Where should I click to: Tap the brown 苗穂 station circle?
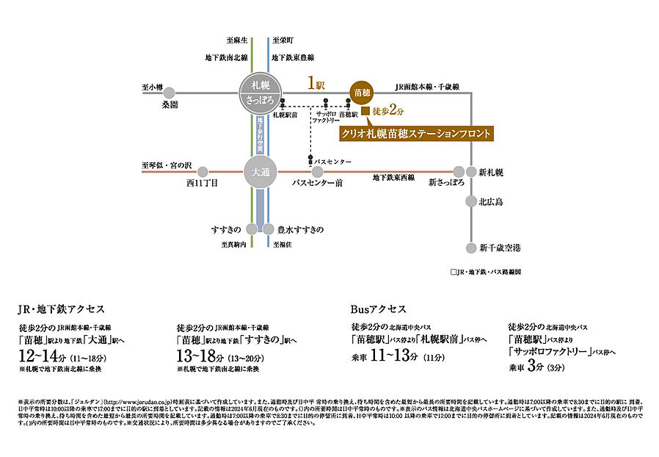pos(363,93)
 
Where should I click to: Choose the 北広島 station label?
pos(491,201)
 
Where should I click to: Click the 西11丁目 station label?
pos(203,183)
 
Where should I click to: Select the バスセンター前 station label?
pos(317,183)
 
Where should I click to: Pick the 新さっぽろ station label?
pos(446,183)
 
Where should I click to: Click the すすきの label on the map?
pos(226,229)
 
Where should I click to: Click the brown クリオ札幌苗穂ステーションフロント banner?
pos(415,133)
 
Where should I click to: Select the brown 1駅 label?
pos(316,84)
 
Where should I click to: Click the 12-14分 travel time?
pos(43,356)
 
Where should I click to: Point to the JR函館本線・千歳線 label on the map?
pos(426,87)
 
